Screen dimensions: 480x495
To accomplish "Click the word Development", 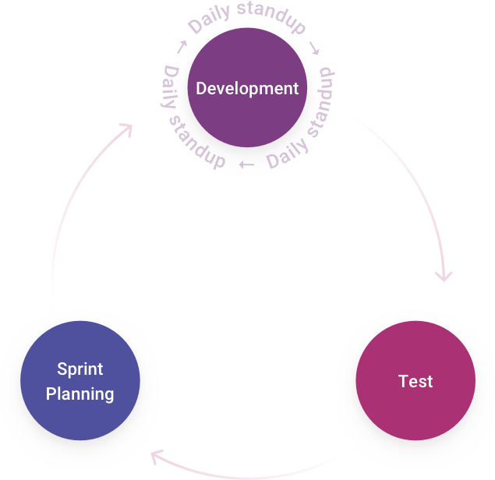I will [x=246, y=89].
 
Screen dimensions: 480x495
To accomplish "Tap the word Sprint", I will [x=80, y=369].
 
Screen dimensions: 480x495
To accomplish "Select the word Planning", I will [x=80, y=394].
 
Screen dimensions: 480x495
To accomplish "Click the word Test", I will [x=415, y=382].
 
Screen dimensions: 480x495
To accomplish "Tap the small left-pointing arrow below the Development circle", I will [x=246, y=164].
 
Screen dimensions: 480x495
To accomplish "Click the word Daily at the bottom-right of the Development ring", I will [x=286, y=156].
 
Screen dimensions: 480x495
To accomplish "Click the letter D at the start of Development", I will [x=201, y=89].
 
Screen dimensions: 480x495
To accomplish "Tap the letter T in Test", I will [x=403, y=382].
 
